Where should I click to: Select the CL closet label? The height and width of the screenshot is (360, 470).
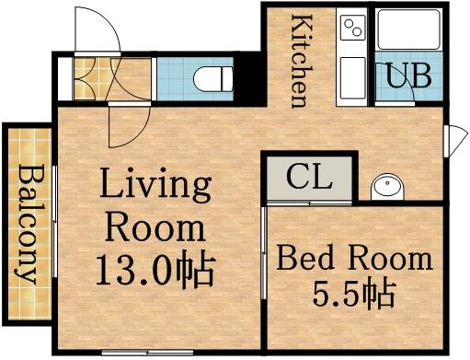(x=308, y=176)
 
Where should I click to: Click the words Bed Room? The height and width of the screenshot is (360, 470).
(x=355, y=257)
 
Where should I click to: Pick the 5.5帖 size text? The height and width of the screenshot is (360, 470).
(x=355, y=295)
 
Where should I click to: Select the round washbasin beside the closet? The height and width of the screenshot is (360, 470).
(x=386, y=187)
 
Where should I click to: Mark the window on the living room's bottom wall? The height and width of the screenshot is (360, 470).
(x=138, y=354)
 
